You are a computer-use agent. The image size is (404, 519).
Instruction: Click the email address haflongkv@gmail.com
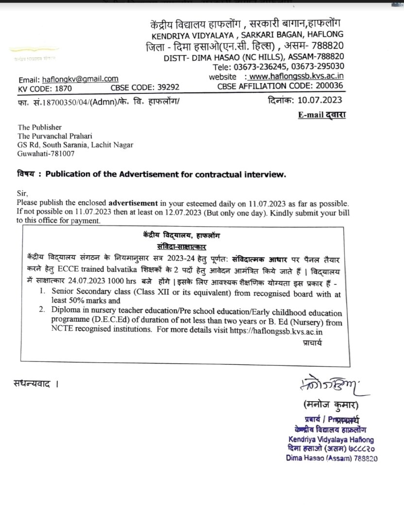pos(80,79)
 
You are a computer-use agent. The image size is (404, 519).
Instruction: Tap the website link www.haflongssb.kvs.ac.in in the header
pos(303,76)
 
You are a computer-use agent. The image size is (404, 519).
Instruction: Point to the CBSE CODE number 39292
pos(165,88)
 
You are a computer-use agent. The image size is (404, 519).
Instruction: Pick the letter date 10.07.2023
pos(320,101)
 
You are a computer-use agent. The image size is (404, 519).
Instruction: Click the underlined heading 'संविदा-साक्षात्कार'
pos(185,247)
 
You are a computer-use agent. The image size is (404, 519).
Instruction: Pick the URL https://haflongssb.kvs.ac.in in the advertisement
pos(286,331)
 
